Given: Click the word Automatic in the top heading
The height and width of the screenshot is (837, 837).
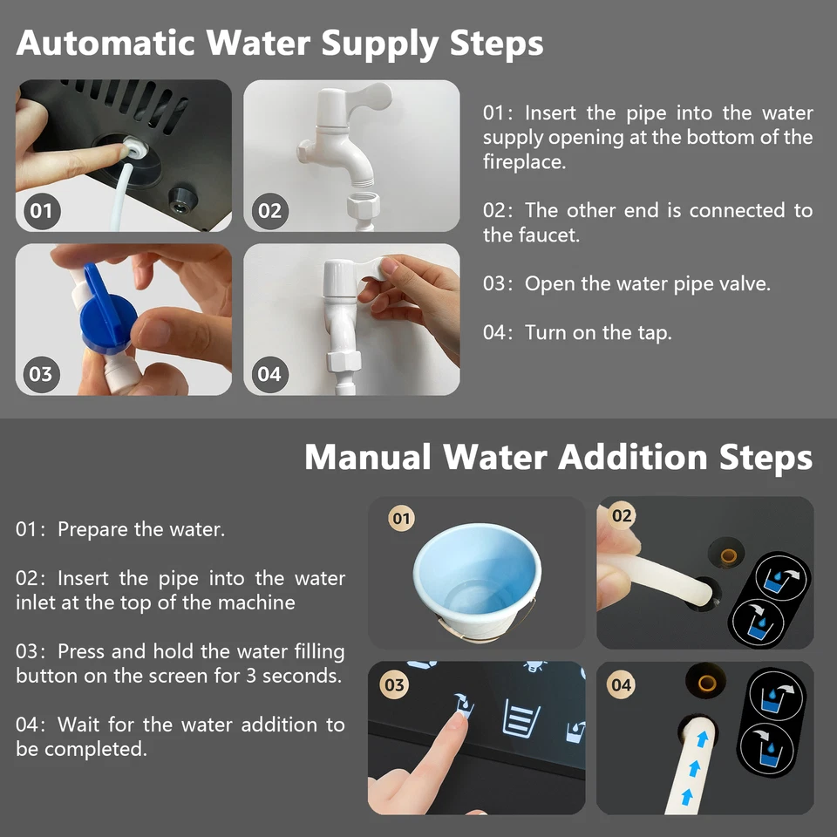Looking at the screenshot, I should tap(107, 43).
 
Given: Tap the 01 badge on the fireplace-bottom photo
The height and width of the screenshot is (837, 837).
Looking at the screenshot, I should tap(41, 210).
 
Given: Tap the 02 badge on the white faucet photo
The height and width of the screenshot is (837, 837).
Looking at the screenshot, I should tap(269, 210).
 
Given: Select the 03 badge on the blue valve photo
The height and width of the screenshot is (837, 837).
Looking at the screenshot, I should tap(41, 374).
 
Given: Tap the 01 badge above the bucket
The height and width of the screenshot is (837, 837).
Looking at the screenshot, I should tap(401, 520).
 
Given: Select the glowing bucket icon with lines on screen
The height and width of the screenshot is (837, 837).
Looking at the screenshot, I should tap(521, 720).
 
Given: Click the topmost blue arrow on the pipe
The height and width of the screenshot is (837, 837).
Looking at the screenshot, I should tap(698, 738).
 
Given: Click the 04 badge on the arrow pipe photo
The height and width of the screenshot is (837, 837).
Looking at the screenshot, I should tap(621, 684).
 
